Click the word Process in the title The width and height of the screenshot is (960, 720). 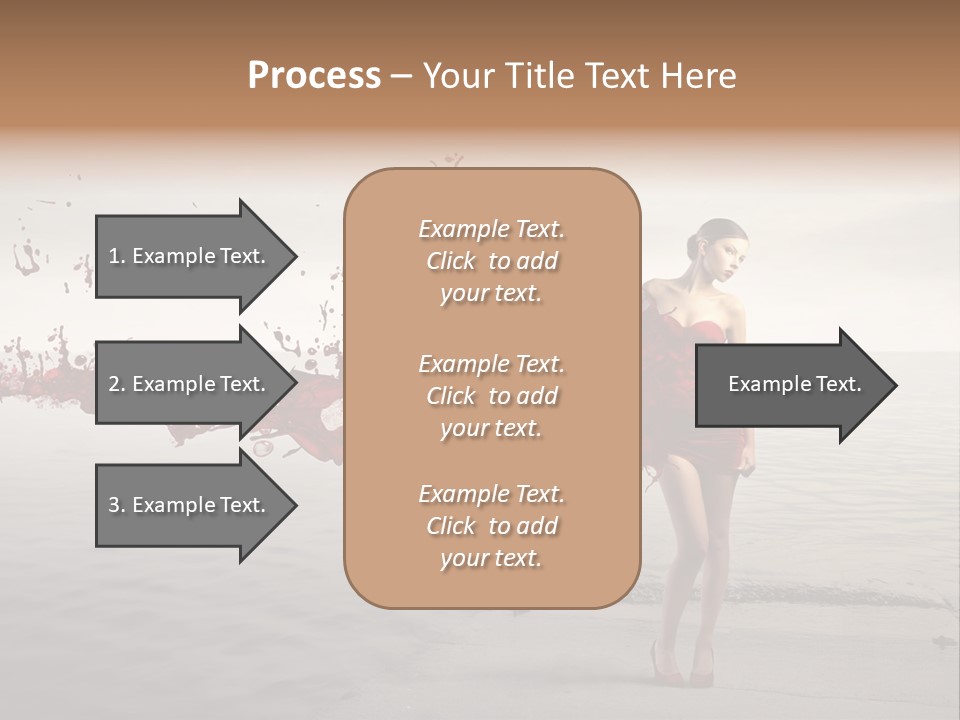314,75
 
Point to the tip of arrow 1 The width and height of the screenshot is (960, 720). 295,256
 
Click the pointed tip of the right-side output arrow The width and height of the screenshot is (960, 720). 895,384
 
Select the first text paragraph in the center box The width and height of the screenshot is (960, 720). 491,261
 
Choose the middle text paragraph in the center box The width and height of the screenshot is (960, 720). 491,396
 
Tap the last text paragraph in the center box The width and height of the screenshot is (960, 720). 491,526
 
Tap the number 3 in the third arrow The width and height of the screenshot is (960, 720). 114,505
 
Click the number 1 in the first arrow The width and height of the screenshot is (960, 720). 114,256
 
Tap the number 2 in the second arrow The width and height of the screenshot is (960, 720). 114,384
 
